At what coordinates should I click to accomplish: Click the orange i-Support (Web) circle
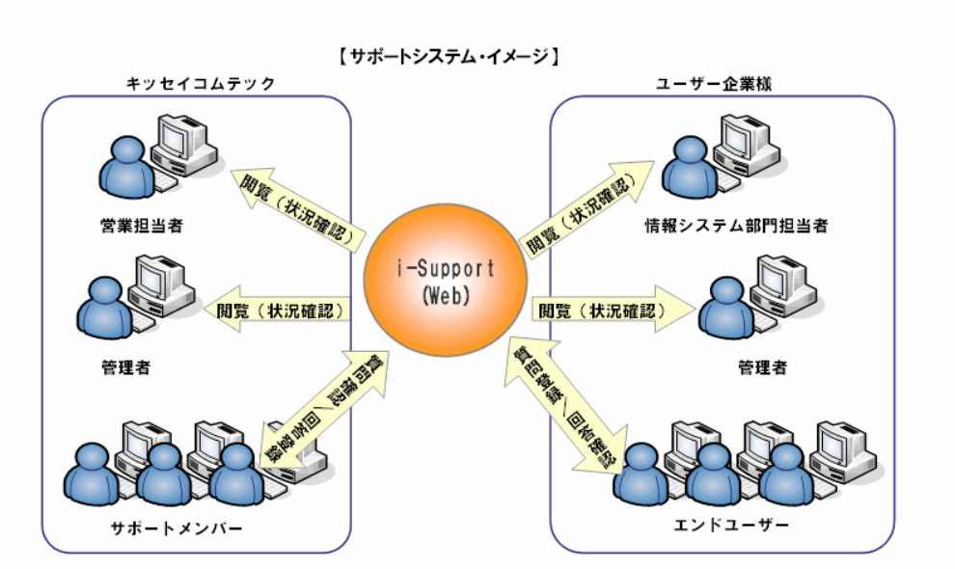click(446, 281)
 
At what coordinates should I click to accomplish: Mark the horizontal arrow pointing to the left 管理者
click(280, 311)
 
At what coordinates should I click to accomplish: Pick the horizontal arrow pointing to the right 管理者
click(613, 311)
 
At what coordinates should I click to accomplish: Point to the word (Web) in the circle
click(446, 296)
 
